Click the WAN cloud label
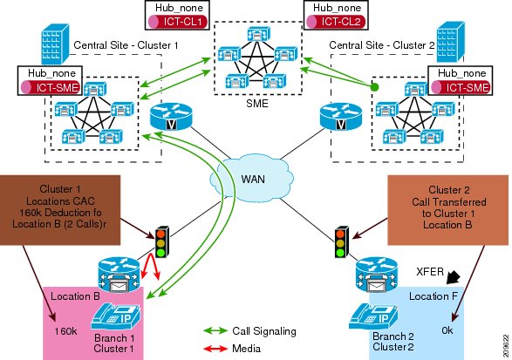pos(253,180)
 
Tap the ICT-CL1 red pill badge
pos(178,22)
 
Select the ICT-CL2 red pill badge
pos(337,22)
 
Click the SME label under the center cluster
pos(257,104)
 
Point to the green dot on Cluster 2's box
pos(375,87)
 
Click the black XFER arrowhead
pos(454,277)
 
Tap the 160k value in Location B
pos(65,331)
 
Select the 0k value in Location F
pos(447,330)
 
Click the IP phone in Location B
pos(116,317)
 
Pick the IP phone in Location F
pos(373,317)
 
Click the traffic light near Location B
pos(161,241)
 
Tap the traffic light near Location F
pos(342,241)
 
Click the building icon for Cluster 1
pos(55,44)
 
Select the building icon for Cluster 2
pos(451,42)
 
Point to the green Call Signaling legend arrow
pos(215,331)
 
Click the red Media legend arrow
pos(215,349)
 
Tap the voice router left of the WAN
pos(171,116)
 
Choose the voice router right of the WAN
pos(340,116)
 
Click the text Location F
pos(433,296)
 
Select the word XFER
pos(430,272)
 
